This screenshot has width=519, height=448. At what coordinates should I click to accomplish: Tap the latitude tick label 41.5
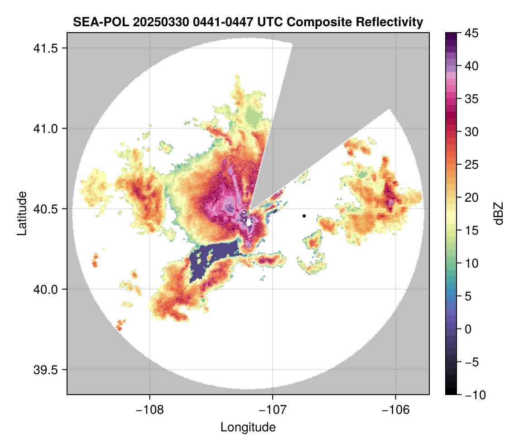point(44,48)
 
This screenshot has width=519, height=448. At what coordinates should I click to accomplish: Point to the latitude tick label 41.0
point(44,129)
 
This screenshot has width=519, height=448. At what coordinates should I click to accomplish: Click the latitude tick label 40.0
point(44,289)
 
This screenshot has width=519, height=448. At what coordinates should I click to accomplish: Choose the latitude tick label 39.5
point(44,369)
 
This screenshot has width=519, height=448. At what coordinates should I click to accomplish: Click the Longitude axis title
point(248,427)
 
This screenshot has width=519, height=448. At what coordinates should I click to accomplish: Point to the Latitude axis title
point(21,213)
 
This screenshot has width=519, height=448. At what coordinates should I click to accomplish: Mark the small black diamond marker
point(304,216)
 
